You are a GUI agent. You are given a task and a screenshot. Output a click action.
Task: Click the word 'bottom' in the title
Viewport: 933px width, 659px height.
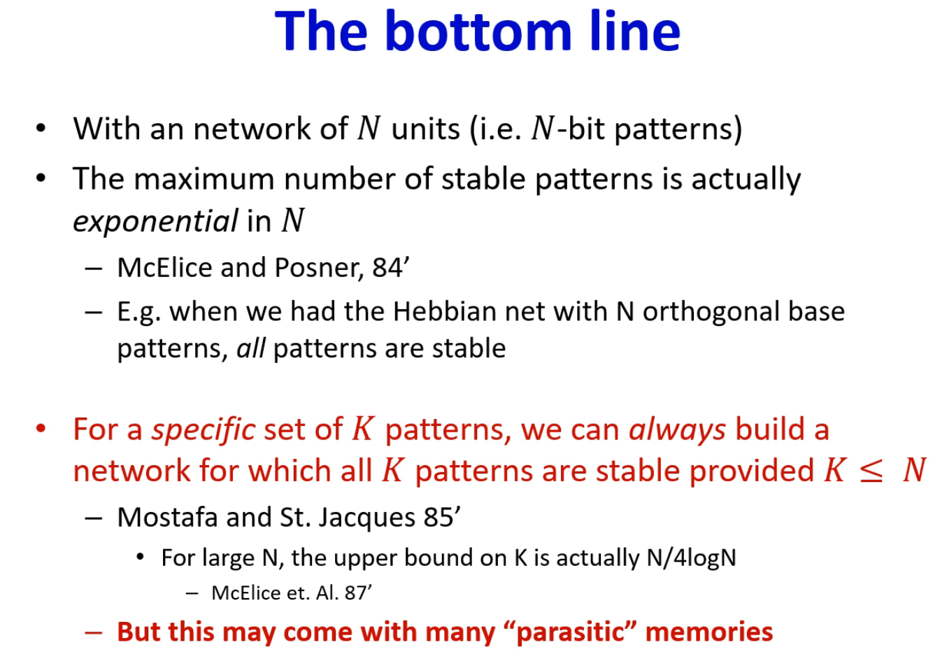(x=478, y=31)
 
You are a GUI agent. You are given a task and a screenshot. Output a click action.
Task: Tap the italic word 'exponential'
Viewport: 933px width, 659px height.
(x=155, y=222)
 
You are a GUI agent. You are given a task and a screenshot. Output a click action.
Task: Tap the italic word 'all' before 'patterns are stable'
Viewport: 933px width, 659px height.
(x=251, y=348)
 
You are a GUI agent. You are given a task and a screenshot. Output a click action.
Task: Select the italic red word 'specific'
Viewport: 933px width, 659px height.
(x=204, y=430)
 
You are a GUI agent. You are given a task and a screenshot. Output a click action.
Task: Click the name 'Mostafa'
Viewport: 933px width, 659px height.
(x=167, y=518)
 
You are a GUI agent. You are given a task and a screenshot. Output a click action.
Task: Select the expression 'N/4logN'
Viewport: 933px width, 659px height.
(x=692, y=558)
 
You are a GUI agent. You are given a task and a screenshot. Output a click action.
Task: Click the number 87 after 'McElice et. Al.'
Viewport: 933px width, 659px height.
(x=355, y=593)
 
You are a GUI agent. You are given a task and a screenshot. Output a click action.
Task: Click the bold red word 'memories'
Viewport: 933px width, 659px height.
(x=709, y=632)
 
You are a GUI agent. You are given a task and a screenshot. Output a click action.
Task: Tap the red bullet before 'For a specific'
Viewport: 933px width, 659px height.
(x=41, y=428)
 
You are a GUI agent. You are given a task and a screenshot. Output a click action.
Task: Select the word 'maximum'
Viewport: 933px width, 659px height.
(x=204, y=179)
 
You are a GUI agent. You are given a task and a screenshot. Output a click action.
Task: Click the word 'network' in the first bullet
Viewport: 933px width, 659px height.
(x=252, y=129)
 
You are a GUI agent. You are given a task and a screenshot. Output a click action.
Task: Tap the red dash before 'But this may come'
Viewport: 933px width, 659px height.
(x=93, y=632)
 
